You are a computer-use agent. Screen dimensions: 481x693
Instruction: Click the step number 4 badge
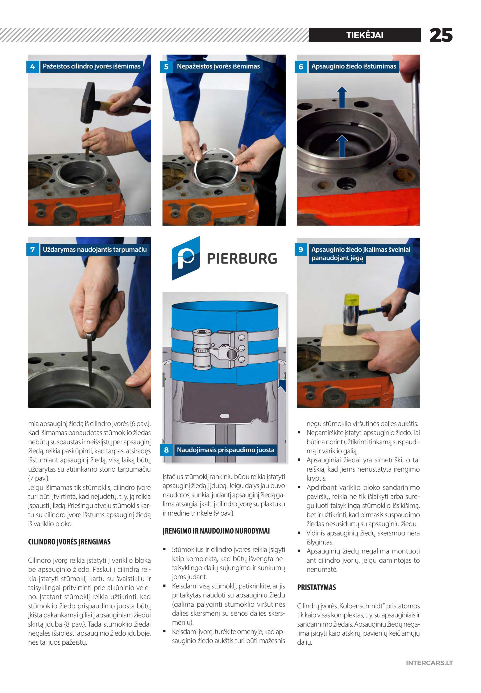pyautogui.click(x=33, y=67)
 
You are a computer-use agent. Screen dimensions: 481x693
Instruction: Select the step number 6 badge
pyautogui.click(x=300, y=67)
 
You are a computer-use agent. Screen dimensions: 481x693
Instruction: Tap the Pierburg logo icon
pyautogui.click(x=186, y=258)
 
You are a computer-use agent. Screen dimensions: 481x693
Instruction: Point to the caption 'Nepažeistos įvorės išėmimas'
pyautogui.click(x=218, y=66)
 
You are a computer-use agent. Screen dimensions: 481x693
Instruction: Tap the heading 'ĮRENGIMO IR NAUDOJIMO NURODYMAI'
pyautogui.click(x=216, y=531)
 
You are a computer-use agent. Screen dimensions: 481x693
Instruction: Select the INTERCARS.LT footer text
pyautogui.click(x=429, y=663)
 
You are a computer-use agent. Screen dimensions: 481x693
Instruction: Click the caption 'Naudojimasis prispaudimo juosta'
pyautogui.click(x=225, y=450)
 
